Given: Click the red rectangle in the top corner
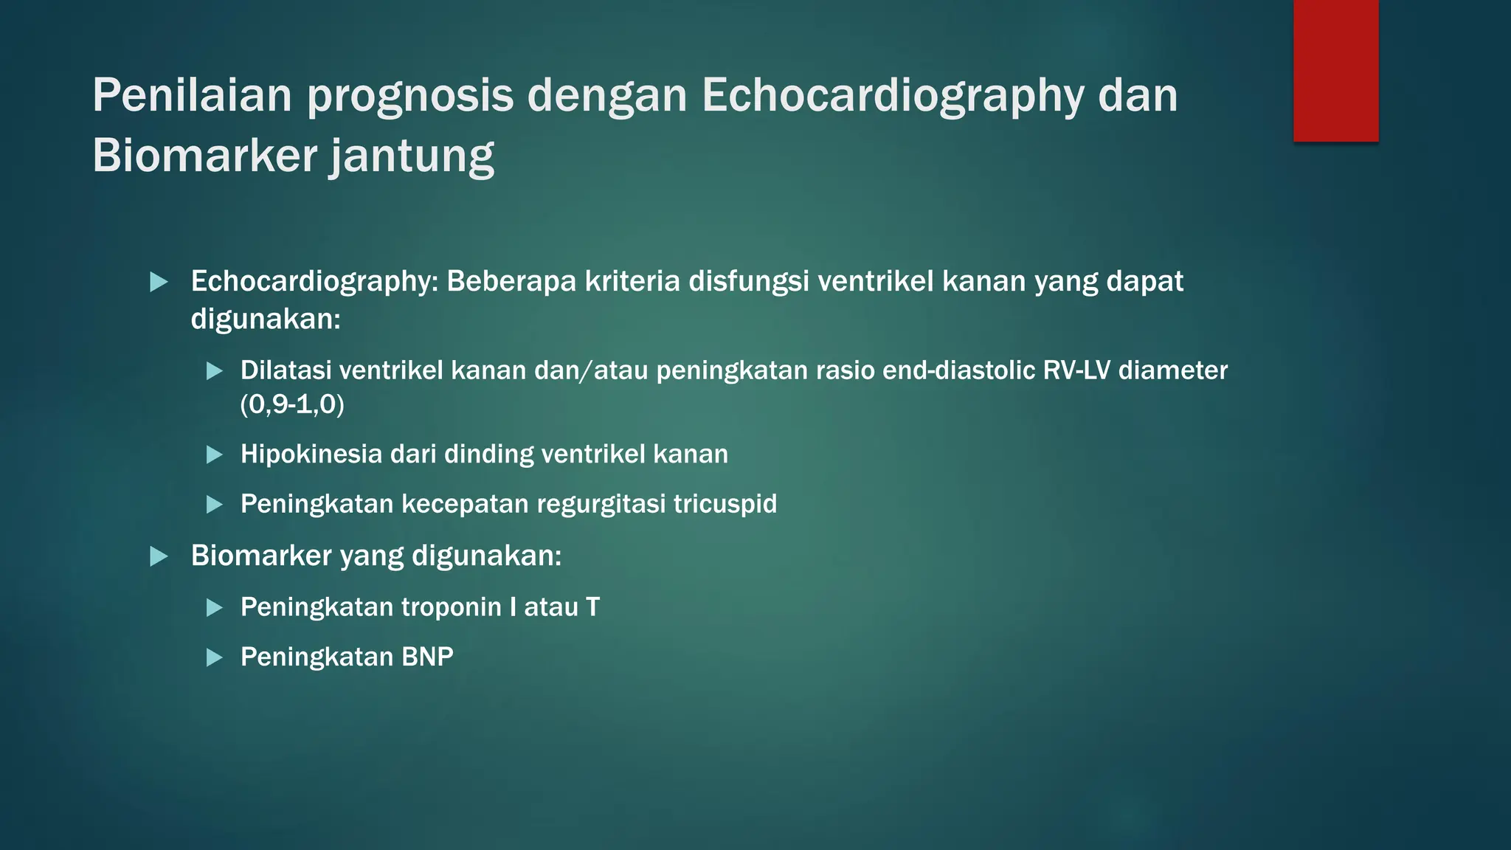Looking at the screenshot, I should [1335, 71].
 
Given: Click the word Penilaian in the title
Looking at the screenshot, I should [192, 96].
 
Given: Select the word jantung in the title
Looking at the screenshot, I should [411, 156].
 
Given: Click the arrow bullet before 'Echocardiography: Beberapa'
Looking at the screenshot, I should [159, 282].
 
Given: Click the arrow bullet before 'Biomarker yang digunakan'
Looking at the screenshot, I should [159, 556].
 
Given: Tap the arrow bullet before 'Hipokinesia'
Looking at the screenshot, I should [215, 455].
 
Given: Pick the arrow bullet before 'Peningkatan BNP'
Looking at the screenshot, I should [215, 657].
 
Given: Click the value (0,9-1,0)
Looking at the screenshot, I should [292, 404].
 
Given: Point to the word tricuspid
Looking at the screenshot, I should [725, 504].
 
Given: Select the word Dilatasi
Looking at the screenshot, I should [286, 370].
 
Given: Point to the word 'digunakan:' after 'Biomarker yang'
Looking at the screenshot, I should [486, 556].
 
